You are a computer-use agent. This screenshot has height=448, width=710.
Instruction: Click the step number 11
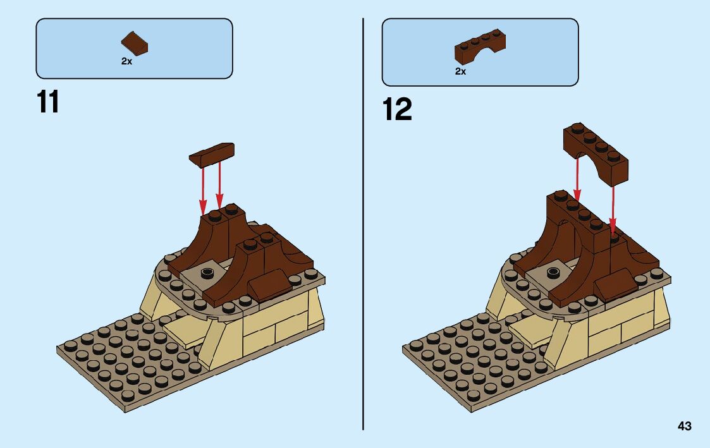coord(48,102)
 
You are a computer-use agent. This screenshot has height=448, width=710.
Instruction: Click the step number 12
coord(397,110)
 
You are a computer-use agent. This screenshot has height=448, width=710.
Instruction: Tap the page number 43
coord(684,427)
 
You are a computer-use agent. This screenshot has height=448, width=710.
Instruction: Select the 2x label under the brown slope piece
coord(126,61)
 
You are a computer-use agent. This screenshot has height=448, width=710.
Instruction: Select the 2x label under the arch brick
coord(460,71)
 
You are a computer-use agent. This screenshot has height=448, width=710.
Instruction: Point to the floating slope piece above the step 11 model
coord(212,154)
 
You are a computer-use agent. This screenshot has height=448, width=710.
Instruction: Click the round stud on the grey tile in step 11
coord(206,272)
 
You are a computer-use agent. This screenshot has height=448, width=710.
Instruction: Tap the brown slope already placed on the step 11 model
coord(269,283)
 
